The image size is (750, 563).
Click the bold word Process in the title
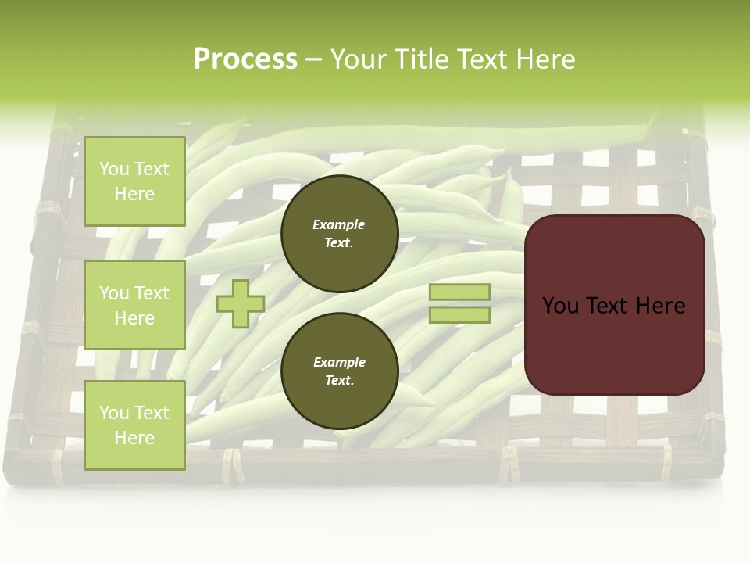245,59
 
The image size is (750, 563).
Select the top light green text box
134,181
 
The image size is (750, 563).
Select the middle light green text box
134,305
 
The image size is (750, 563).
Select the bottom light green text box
134,425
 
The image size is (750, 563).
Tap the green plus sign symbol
241,304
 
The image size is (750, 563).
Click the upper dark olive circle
340,234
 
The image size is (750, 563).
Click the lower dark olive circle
340,371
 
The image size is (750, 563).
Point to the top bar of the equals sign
460,292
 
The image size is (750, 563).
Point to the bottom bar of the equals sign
460,315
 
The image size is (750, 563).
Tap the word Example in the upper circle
339,224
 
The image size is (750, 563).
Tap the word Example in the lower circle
339,362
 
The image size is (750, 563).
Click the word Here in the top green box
134,194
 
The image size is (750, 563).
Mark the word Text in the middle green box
152,293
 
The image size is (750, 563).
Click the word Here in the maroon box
660,306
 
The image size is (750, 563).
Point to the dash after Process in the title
314,60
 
